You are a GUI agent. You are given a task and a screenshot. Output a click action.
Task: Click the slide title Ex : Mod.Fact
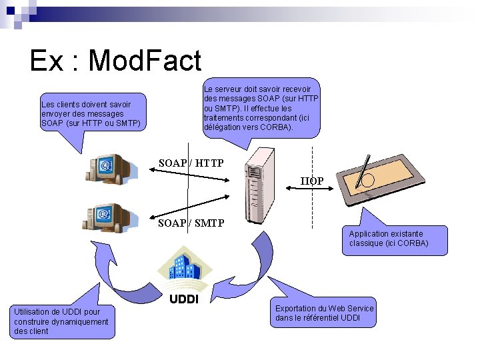tap(115, 61)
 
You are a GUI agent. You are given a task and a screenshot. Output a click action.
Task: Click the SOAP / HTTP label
tap(191, 163)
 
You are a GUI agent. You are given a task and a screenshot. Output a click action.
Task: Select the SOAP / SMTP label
tap(191, 223)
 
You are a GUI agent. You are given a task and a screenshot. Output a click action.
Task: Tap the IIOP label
tap(311, 181)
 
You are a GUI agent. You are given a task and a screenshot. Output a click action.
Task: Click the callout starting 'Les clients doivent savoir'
tap(91, 113)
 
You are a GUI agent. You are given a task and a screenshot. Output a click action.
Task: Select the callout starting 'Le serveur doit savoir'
tap(261, 107)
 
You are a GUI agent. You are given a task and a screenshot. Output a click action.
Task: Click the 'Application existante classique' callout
tap(394, 238)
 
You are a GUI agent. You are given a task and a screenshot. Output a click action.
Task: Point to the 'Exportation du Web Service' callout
tap(325, 313)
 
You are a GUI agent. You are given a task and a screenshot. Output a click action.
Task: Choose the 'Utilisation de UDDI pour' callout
tap(61, 321)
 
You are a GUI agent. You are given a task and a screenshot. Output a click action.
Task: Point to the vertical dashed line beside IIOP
tap(312, 200)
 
